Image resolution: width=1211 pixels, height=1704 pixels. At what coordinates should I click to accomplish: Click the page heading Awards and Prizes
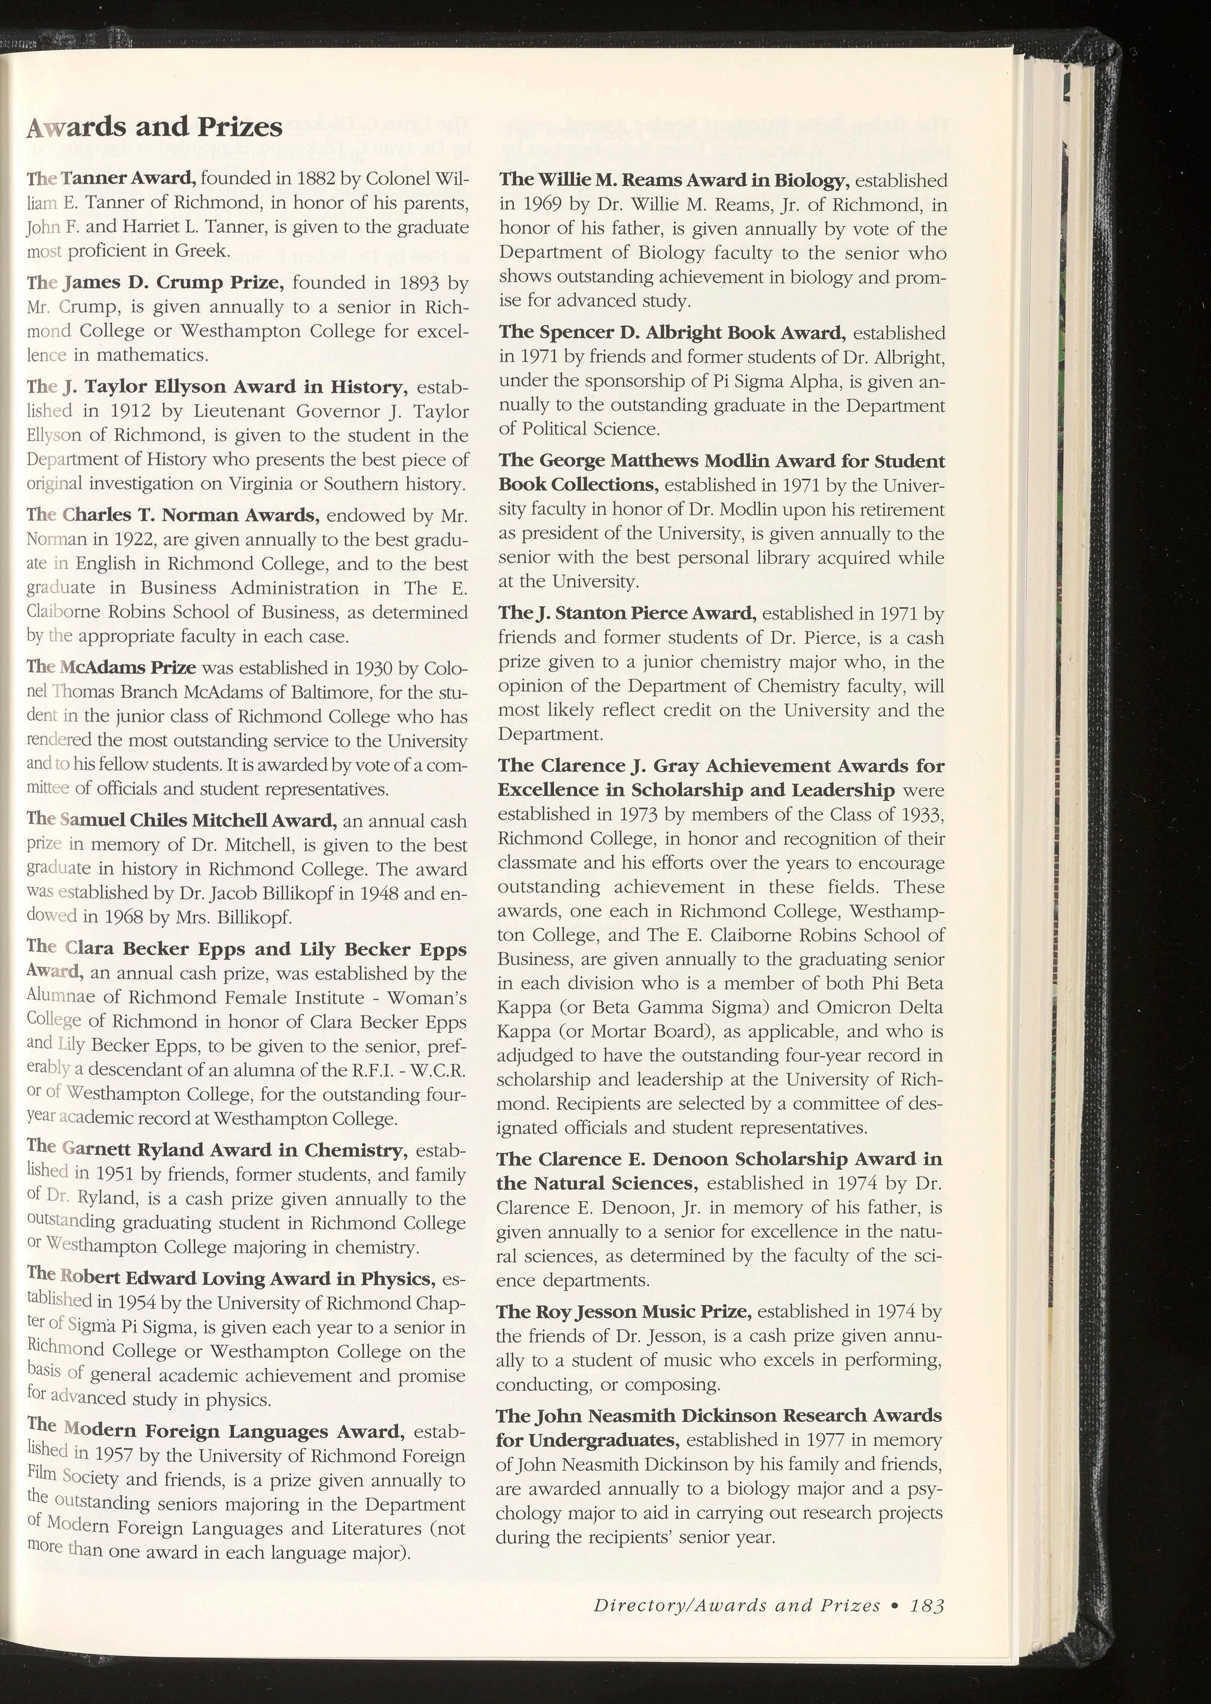coord(154,127)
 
